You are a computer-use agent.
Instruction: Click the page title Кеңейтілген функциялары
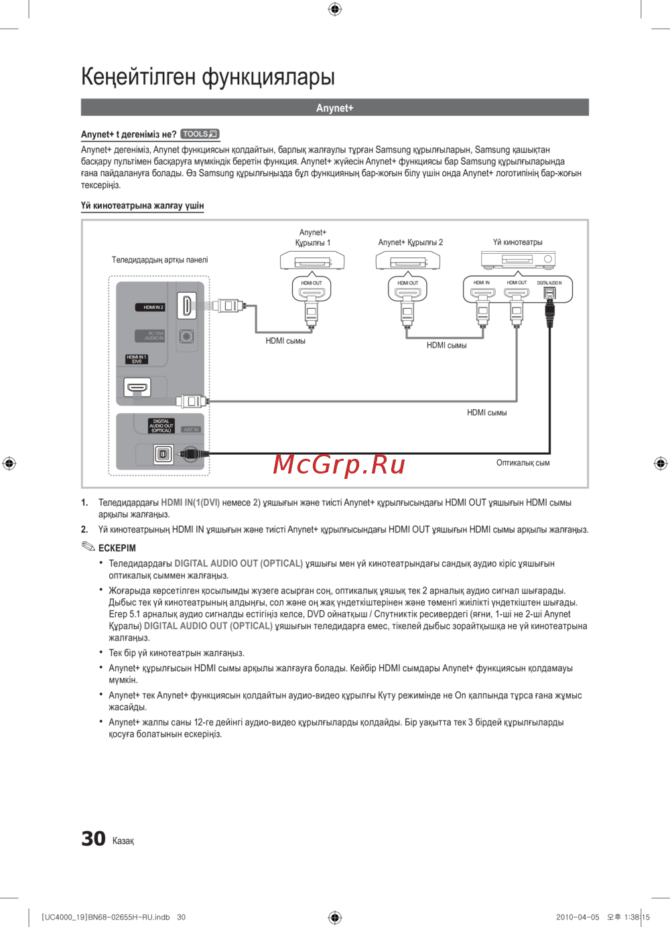208,77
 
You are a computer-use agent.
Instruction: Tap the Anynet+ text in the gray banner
334,108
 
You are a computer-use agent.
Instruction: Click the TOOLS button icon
200,134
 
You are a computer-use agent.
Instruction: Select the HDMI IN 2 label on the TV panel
153,307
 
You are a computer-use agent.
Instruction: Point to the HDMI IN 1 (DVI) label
137,359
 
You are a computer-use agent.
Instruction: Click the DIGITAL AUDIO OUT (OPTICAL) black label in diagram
161,426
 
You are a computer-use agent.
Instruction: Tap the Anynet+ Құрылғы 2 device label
410,242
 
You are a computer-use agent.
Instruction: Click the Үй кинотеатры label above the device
517,242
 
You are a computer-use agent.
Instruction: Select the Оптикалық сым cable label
523,463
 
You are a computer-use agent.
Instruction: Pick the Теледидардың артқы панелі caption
159,260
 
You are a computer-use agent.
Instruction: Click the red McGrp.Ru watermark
339,463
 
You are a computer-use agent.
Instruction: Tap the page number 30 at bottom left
93,839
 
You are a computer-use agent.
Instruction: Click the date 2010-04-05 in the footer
578,917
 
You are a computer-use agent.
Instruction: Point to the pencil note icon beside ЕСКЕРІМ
88,547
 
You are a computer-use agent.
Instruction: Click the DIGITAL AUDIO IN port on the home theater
549,293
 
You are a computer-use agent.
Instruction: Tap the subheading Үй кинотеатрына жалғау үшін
142,206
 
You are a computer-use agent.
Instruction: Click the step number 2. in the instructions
84,529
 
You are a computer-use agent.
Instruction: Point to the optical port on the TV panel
163,454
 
